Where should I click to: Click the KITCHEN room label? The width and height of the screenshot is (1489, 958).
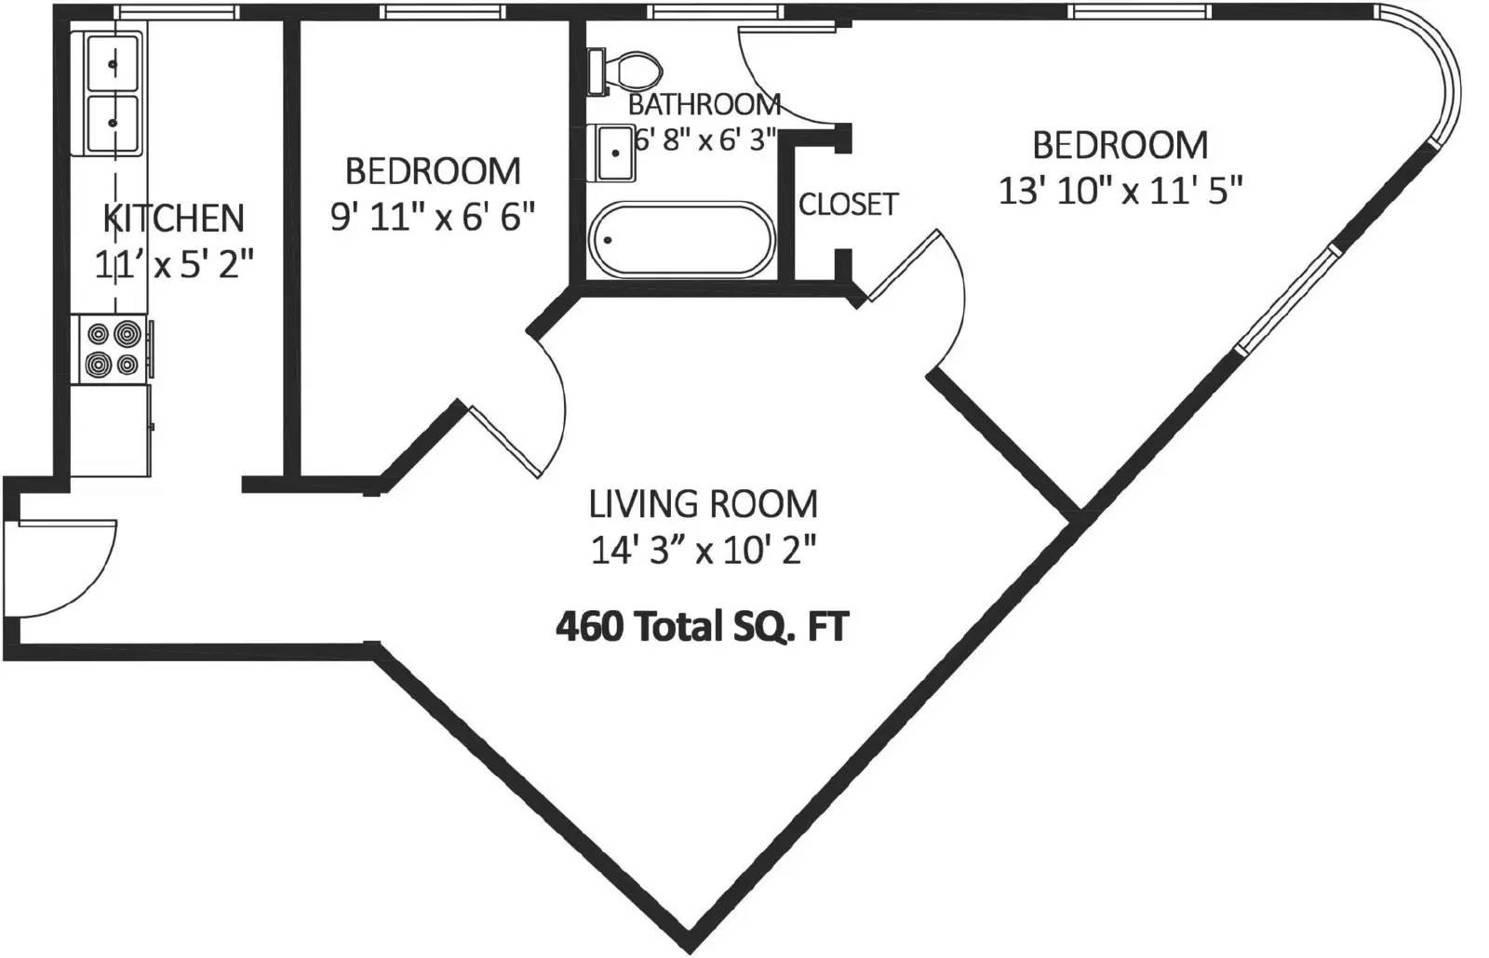174,218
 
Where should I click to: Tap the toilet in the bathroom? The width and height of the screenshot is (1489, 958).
625,71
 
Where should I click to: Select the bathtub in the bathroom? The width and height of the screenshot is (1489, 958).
681,239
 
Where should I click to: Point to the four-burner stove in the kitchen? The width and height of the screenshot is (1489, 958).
113,350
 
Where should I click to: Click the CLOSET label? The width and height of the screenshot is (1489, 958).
848,204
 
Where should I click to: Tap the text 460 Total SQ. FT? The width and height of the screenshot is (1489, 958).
703,627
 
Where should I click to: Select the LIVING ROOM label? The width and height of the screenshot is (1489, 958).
704,504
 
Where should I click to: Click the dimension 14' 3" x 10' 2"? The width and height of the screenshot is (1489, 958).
704,551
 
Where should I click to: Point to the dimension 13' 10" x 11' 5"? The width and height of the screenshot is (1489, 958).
1120,192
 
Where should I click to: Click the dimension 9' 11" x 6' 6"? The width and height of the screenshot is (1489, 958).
433,217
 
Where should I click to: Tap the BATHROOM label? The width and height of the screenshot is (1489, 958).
704,105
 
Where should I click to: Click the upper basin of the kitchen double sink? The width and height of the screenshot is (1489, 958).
113,62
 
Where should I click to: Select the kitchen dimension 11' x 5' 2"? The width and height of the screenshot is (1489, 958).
174,264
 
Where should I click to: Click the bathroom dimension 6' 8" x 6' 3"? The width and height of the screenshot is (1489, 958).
705,140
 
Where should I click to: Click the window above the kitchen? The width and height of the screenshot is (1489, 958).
176,11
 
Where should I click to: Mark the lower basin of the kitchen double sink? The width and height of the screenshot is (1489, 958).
113,123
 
